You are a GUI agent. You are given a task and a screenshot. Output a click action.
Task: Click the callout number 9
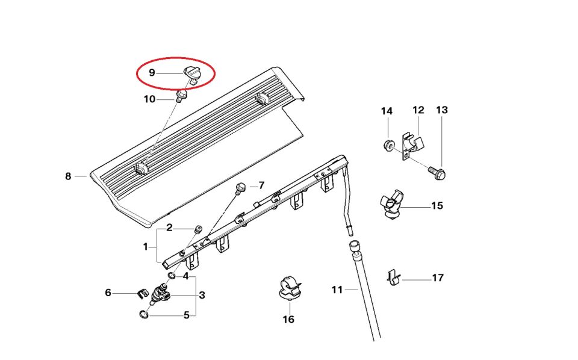[x=152, y=73]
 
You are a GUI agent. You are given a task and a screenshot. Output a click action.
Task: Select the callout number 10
[x=149, y=99]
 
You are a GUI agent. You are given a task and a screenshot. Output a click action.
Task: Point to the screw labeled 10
[x=181, y=96]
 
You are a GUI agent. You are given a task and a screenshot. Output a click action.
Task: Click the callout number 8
[x=68, y=176]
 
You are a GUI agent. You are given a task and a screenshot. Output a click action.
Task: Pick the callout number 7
[x=261, y=185]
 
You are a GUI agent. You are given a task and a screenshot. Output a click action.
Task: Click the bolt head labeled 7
[x=241, y=187]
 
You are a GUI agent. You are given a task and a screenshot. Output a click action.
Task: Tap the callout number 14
[x=387, y=111]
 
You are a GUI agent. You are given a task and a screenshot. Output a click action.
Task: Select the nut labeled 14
[x=389, y=144]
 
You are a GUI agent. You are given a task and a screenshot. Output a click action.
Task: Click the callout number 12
[x=418, y=110]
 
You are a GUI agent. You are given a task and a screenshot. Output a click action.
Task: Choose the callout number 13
[x=442, y=110]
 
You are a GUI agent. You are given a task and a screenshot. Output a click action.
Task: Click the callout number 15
[x=437, y=206]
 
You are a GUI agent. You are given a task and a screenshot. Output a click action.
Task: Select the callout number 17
[x=438, y=278]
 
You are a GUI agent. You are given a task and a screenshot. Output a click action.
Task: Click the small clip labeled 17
[x=392, y=277]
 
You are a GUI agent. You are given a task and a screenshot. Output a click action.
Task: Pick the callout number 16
[x=288, y=319]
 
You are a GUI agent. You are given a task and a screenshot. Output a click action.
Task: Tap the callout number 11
[x=337, y=290]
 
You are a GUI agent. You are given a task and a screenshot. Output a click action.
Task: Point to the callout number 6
[x=108, y=293]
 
